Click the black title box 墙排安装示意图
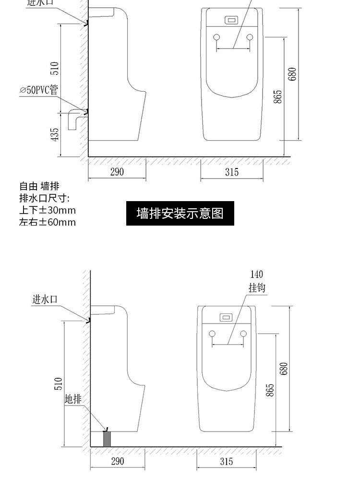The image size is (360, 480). (180, 213)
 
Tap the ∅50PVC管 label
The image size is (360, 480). (39, 90)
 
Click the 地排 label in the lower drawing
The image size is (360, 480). (73, 398)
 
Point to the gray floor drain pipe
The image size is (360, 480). (108, 439)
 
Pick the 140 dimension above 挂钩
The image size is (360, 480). (257, 275)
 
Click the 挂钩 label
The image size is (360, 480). (257, 288)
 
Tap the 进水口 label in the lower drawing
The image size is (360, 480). (45, 300)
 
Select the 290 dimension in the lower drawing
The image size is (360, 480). (117, 461)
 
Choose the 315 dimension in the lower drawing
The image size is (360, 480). (227, 461)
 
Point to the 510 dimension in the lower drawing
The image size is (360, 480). (59, 384)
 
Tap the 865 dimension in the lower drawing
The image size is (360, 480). (270, 390)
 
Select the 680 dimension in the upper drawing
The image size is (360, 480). (292, 74)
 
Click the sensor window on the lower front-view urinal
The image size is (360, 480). (226, 317)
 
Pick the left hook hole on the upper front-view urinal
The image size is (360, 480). (216, 37)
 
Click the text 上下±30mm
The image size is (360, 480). (48, 210)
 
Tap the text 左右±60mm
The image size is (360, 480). (48, 222)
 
